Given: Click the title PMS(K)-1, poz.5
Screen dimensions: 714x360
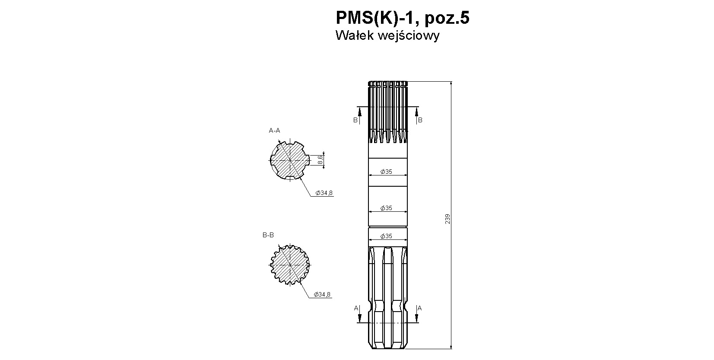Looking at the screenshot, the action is pyautogui.click(x=403, y=18).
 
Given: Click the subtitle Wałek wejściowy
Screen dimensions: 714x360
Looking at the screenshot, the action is pyautogui.click(x=387, y=35).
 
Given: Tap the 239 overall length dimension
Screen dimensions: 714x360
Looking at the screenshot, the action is pyautogui.click(x=447, y=219).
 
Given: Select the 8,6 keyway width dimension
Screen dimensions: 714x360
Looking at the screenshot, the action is pyautogui.click(x=321, y=159).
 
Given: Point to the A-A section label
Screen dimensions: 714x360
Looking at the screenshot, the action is pyautogui.click(x=274, y=131).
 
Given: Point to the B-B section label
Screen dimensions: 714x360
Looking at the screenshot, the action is pyautogui.click(x=268, y=235).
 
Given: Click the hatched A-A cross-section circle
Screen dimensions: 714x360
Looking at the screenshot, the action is pyautogui.click(x=290, y=160).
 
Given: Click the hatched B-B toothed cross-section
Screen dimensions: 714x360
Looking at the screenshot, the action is pyautogui.click(x=290, y=264).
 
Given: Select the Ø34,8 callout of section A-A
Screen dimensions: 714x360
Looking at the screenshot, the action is pyautogui.click(x=324, y=193).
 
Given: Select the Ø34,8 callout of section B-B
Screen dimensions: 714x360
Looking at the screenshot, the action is pyautogui.click(x=322, y=294).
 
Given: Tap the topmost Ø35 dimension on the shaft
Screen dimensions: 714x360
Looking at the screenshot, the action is pyautogui.click(x=386, y=172).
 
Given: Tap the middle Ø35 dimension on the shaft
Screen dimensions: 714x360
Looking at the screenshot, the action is pyautogui.click(x=386, y=208).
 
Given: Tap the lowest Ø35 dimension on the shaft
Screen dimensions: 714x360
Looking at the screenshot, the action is pyautogui.click(x=386, y=236).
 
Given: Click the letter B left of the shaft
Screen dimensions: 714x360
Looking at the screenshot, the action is pyautogui.click(x=355, y=120).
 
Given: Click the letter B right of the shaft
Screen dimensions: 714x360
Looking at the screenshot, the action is pyautogui.click(x=420, y=120).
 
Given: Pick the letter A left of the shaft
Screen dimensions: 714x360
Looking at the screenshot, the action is pyautogui.click(x=356, y=308).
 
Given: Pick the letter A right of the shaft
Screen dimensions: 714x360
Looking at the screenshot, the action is pyautogui.click(x=419, y=308).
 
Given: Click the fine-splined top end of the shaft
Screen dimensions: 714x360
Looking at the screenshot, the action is pyautogui.click(x=388, y=112).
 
